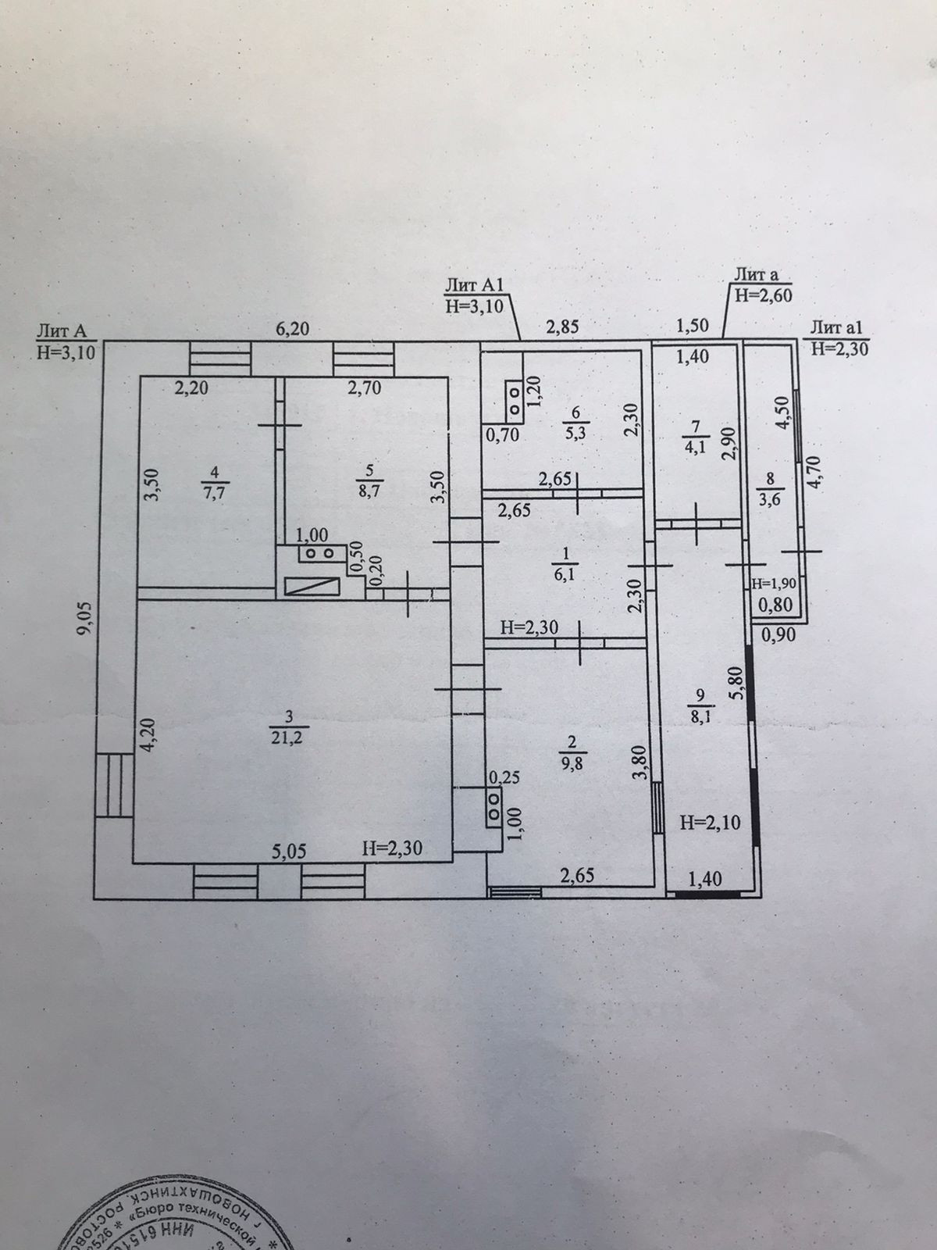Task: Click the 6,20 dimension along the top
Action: [290, 329]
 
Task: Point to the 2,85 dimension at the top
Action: [562, 327]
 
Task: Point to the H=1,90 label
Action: [772, 583]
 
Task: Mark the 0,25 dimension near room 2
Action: [503, 778]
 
